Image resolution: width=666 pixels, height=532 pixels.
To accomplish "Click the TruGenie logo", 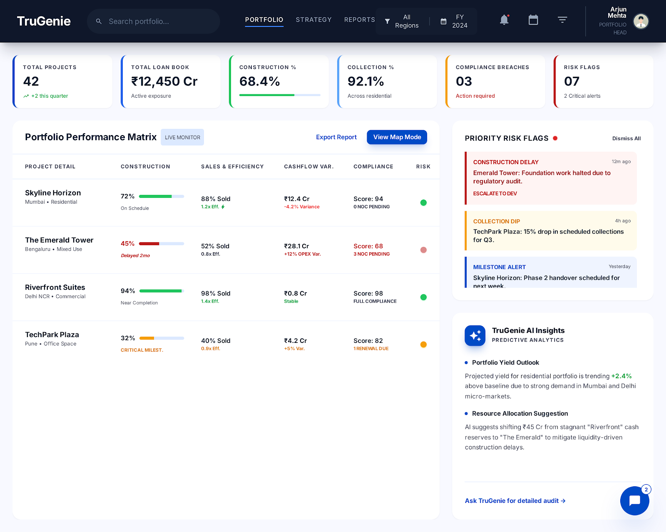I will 44,21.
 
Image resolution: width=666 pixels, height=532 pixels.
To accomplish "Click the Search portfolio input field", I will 158,21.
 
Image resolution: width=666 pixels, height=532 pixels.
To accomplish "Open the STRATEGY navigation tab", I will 313,20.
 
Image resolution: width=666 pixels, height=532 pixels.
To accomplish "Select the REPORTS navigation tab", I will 359,20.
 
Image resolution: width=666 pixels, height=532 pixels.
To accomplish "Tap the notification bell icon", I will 504,20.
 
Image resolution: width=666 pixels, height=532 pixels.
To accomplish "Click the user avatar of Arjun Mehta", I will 641,21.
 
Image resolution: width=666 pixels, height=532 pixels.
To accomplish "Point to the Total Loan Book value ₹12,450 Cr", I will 164,81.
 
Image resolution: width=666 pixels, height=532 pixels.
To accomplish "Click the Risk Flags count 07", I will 572,81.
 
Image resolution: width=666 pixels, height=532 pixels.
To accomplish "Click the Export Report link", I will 336,137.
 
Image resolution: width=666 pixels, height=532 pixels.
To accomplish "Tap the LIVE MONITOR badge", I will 182,137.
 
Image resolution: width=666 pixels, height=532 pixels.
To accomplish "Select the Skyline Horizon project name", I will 53,193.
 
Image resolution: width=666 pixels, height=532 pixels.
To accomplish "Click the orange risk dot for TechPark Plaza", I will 423,345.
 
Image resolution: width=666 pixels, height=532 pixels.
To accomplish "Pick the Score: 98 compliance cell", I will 368,293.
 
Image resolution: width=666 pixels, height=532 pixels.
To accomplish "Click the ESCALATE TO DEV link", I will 495,194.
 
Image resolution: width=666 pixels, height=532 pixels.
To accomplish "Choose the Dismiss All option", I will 626,138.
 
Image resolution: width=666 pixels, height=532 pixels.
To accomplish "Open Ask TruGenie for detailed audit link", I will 515,501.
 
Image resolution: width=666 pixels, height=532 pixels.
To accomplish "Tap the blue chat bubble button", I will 634,501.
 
